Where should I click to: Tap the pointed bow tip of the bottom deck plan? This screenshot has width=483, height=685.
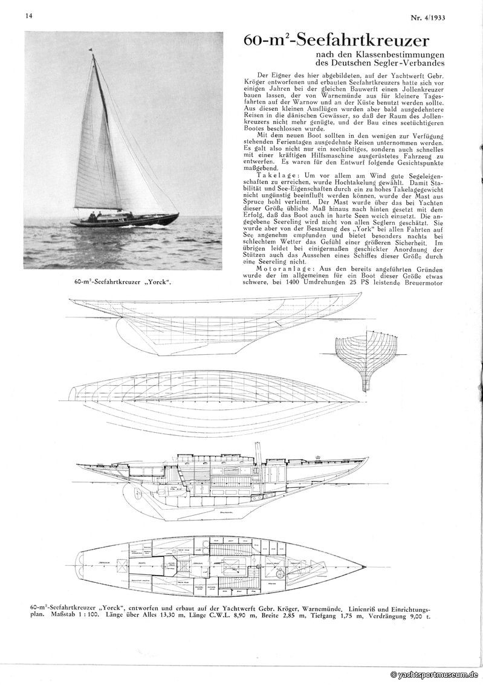click(365, 567)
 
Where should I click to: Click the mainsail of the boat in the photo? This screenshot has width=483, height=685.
click(91, 145)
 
